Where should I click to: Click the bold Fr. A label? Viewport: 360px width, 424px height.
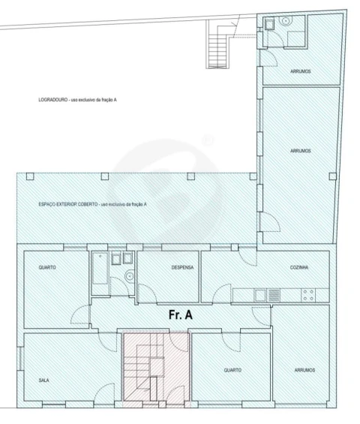(x=181, y=315)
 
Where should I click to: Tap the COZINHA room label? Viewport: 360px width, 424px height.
(x=299, y=267)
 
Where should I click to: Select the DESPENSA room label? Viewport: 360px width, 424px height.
(x=182, y=267)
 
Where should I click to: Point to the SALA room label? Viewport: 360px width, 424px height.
(x=44, y=380)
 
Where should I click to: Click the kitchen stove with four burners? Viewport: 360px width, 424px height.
(x=308, y=295)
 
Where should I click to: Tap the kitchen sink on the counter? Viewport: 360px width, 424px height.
(x=259, y=295)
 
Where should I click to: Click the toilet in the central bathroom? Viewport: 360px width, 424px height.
(x=130, y=276)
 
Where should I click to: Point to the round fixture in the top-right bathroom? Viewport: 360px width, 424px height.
(x=286, y=20)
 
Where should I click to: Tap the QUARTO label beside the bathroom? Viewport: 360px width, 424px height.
(x=47, y=267)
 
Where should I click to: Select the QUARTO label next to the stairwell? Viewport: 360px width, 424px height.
(x=232, y=370)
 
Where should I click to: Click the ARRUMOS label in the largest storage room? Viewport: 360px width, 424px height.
(x=301, y=151)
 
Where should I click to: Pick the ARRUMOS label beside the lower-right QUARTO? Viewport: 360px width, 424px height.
(x=304, y=370)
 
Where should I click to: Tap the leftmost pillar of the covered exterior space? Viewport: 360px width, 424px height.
(x=30, y=176)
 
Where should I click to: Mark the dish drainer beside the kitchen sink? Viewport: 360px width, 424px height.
(x=274, y=295)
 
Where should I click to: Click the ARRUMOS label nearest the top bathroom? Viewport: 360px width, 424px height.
(x=301, y=71)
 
